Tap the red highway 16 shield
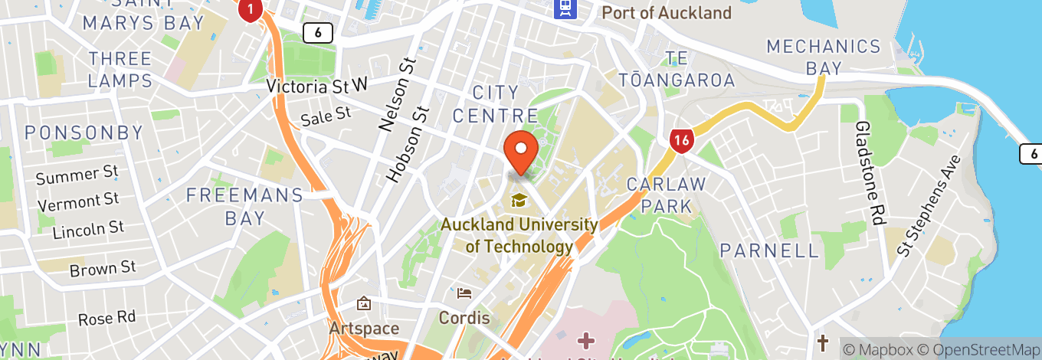680,140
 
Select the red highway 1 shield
251,9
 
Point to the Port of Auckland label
667,13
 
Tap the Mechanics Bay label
824,57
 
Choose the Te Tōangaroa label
678,69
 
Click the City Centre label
496,104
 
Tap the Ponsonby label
84,133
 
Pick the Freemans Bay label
245,206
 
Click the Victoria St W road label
317,86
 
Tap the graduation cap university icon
519,201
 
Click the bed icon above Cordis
464,293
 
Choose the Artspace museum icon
363,305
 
